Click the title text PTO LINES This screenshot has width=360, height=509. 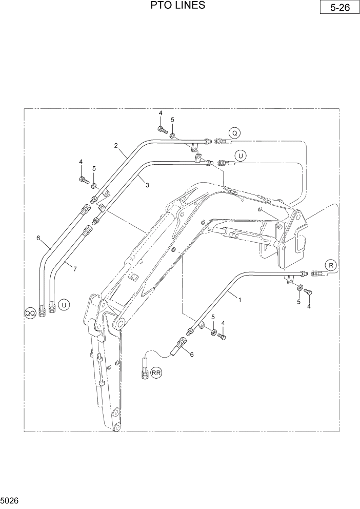click(x=178, y=6)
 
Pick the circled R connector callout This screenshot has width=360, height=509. click(x=331, y=265)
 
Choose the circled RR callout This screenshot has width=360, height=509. click(x=156, y=374)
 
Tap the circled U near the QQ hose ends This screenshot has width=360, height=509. click(x=64, y=305)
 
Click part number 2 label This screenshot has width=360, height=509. click(x=116, y=146)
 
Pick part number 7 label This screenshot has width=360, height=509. click(x=75, y=268)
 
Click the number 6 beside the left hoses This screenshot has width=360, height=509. click(x=38, y=238)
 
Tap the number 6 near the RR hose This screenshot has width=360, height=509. click(x=192, y=354)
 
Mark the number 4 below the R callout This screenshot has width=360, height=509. click(x=309, y=306)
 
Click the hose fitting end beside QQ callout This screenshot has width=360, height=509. click(x=43, y=309)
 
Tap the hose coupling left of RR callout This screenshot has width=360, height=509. click(x=144, y=371)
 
